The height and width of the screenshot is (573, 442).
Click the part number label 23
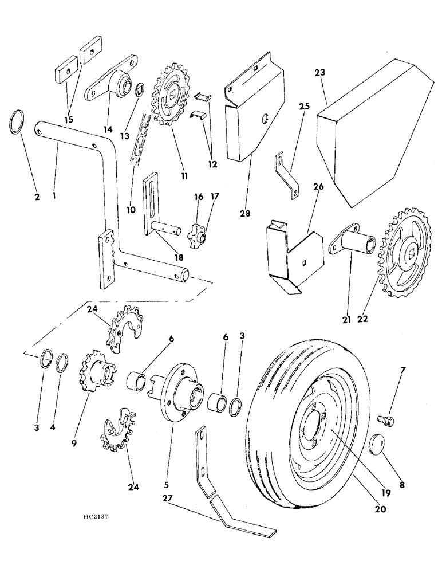click(x=319, y=73)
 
